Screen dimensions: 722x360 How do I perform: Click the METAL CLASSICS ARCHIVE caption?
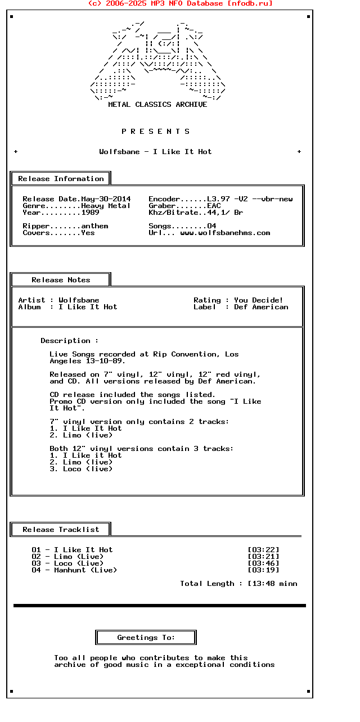coord(157,105)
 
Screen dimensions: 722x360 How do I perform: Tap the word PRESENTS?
coord(156,132)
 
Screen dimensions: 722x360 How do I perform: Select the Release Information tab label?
coord(61,179)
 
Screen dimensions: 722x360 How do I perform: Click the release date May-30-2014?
coord(106,199)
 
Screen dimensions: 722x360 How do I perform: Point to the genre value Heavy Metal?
coord(106,206)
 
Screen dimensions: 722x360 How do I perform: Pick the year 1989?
coord(90,213)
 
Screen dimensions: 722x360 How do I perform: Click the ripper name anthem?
coord(94,226)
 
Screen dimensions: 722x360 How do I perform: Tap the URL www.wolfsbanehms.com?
coord(225,233)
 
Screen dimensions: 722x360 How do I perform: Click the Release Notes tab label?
coord(61,280)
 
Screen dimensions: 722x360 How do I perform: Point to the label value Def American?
coord(261,307)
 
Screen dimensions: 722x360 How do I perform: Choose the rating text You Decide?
coord(259,300)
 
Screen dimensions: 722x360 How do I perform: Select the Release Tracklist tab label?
coord(61,530)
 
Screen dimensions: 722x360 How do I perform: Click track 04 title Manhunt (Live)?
coord(85,570)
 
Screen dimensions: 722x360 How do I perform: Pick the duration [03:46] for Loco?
coord(263,563)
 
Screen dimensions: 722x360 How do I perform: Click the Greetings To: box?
coord(146,638)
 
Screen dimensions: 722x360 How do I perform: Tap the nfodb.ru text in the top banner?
coord(250,3)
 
